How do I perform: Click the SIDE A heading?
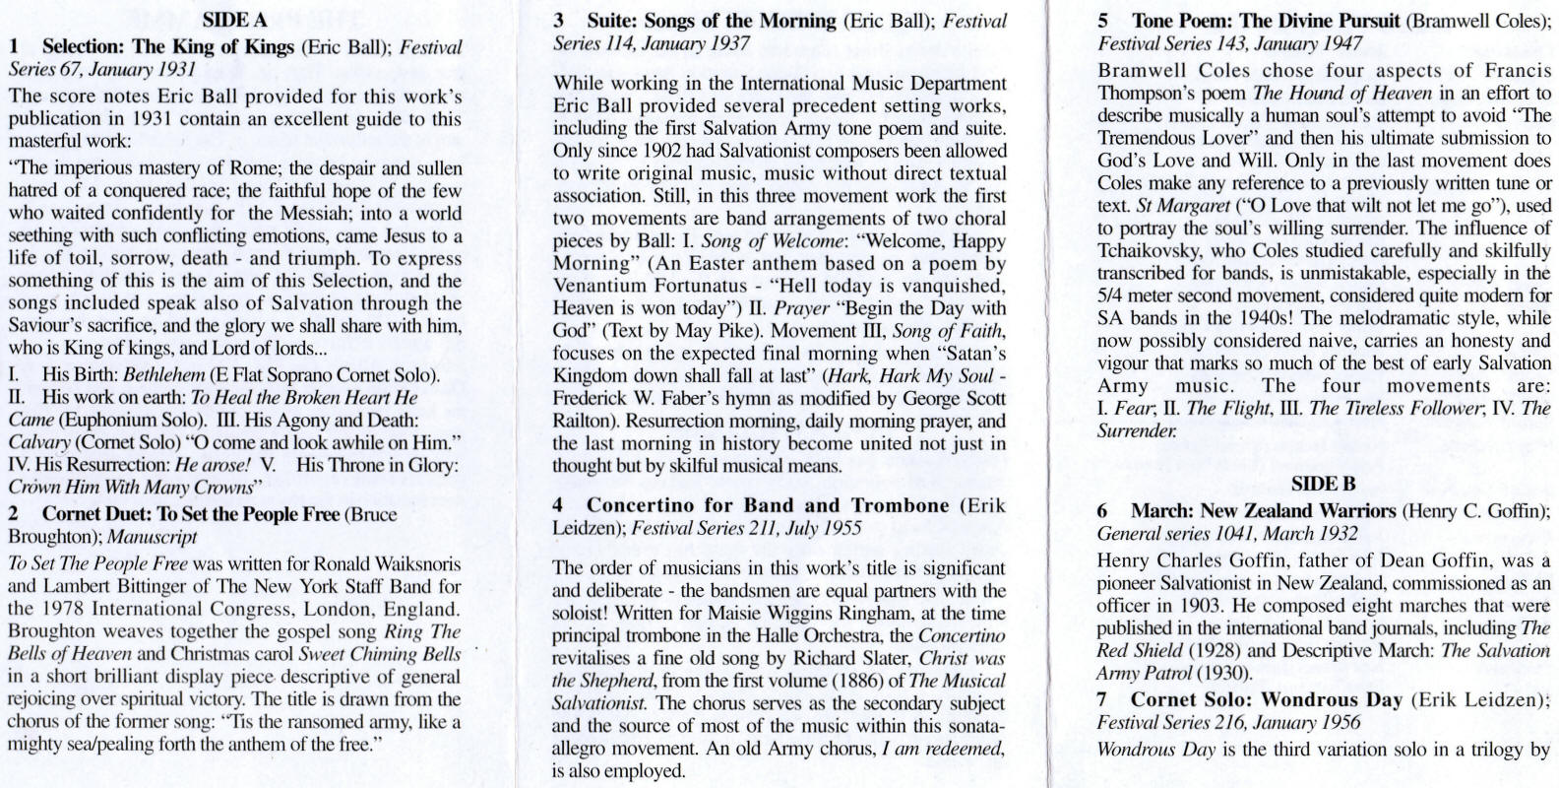pos(234,20)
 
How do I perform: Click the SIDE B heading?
pos(1324,483)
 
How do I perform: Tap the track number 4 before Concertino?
pos(558,505)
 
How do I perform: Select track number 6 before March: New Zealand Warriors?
pos(1103,510)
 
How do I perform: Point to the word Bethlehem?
pos(164,375)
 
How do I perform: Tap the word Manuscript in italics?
pos(152,537)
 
